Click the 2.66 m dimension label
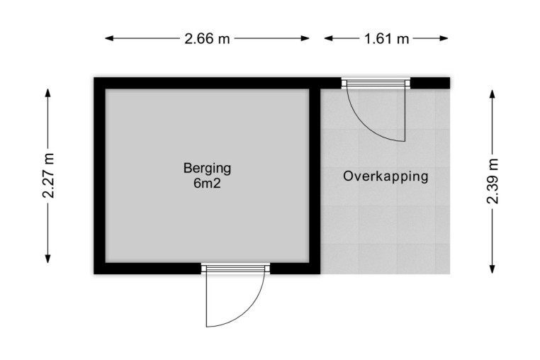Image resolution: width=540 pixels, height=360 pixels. (x=207, y=38)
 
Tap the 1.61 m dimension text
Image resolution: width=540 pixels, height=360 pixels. (x=386, y=38)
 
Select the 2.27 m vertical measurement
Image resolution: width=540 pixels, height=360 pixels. (x=48, y=176)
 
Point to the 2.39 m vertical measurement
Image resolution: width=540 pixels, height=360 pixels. (x=493, y=181)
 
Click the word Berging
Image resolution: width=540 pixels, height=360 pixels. (x=207, y=169)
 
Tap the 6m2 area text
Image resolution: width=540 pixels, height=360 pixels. (x=207, y=184)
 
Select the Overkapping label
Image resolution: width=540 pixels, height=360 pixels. (x=386, y=176)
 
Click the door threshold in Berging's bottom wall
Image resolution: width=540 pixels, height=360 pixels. (x=235, y=269)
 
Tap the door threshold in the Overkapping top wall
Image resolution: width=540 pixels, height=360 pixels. (x=376, y=83)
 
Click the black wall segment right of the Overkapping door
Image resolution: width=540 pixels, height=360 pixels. (x=430, y=83)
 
